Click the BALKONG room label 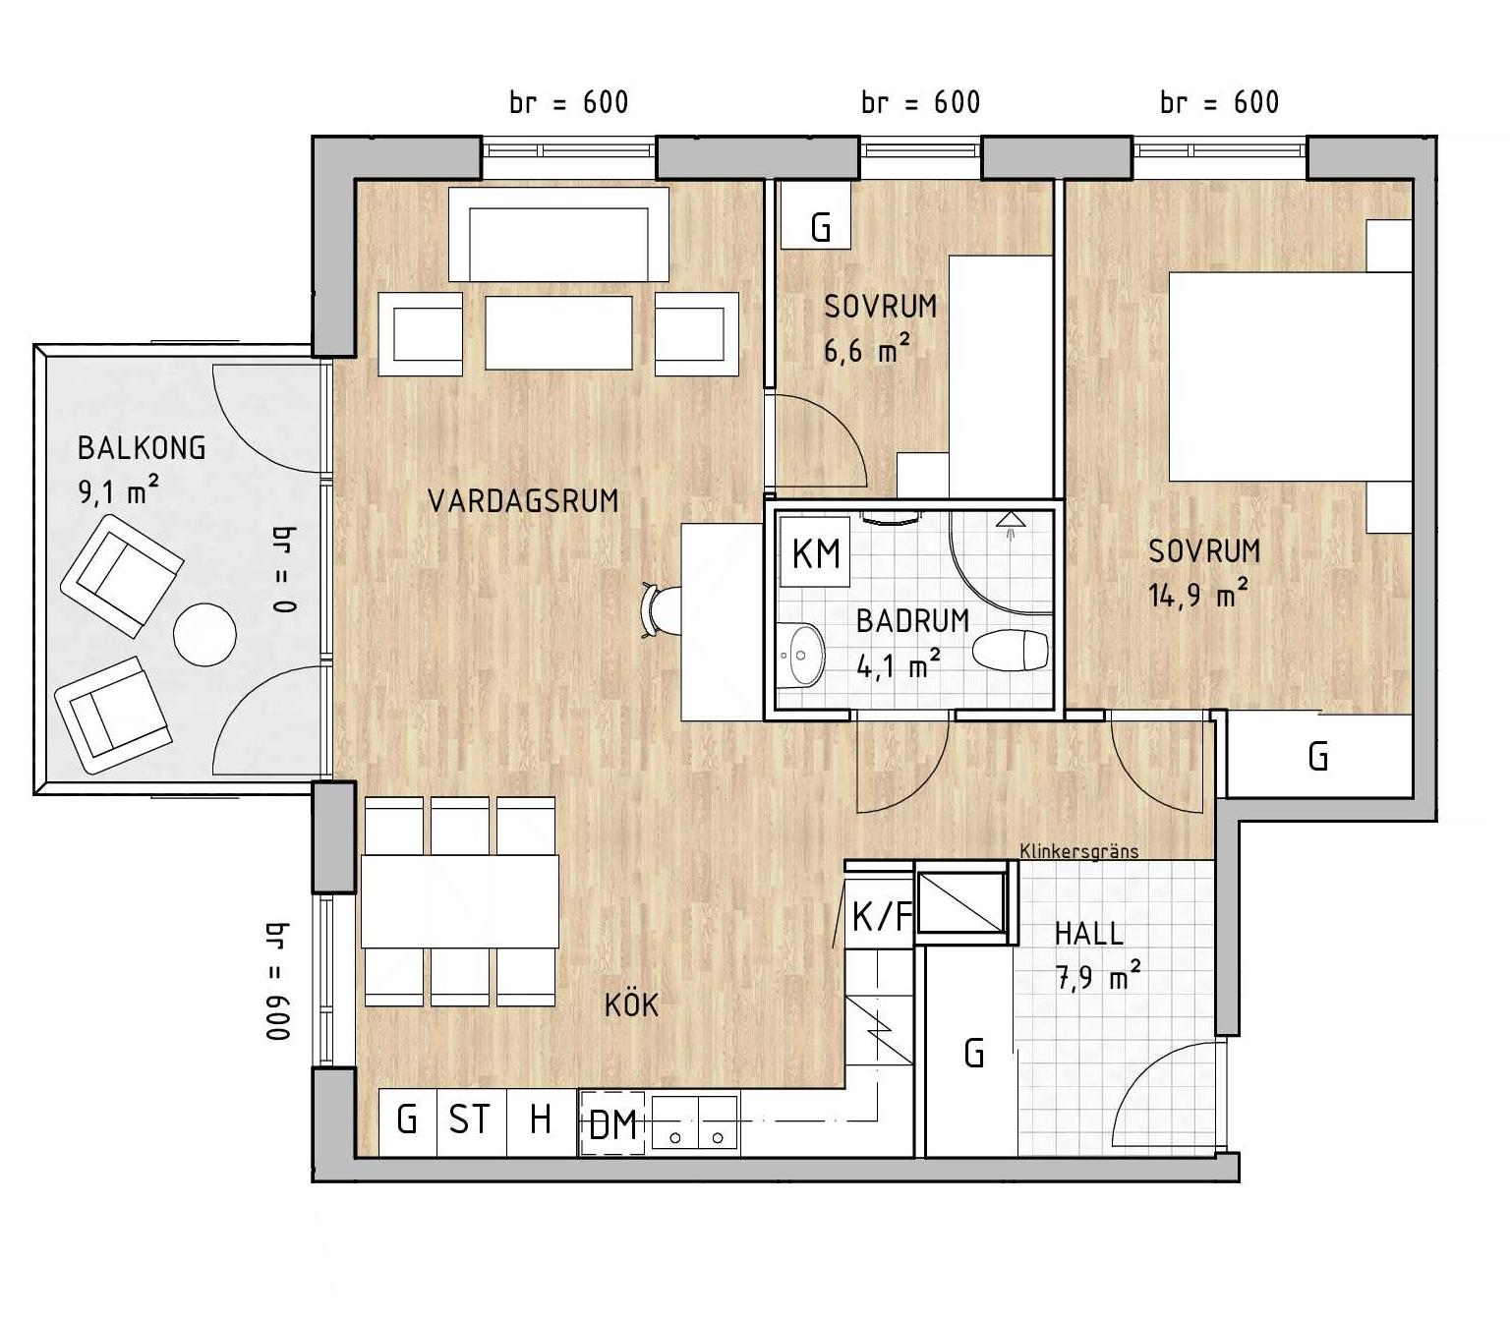tap(142, 448)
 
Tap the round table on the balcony tap(205, 635)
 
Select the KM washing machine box tap(815, 552)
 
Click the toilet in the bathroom tap(1011, 651)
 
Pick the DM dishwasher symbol tap(611, 1124)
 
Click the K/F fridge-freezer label tap(881, 916)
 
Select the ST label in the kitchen tap(469, 1119)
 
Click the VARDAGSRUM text tap(523, 501)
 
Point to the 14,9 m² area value tap(1198, 593)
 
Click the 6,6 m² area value tap(867, 348)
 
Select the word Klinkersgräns tap(1079, 851)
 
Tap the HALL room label tap(1088, 934)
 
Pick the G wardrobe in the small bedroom tap(816, 214)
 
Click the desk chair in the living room tap(662, 611)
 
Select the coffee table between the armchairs tap(558, 333)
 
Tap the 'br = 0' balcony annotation tap(284, 569)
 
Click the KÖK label tap(631, 1004)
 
